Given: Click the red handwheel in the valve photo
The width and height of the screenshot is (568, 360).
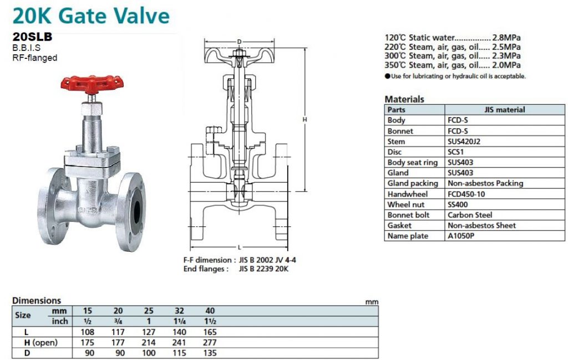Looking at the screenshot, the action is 92,84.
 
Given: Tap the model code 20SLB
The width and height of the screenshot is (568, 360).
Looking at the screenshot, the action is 32,37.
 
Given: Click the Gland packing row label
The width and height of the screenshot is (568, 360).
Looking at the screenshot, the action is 413,184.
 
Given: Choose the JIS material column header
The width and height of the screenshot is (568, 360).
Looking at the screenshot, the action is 505,110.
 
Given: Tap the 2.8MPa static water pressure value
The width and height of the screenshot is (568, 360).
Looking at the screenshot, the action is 506,37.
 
